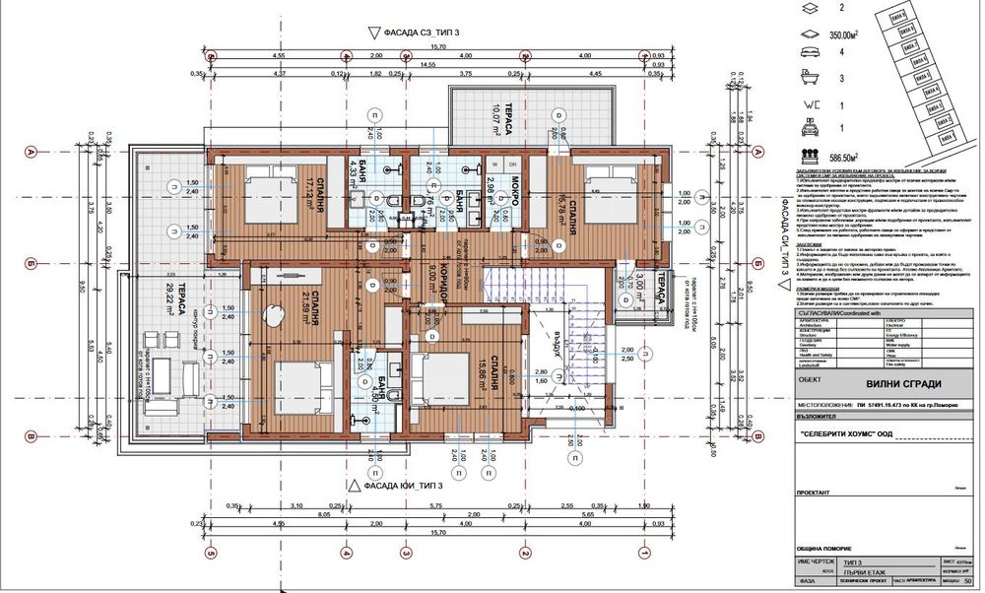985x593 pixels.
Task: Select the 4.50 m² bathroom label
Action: [x=381, y=394]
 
